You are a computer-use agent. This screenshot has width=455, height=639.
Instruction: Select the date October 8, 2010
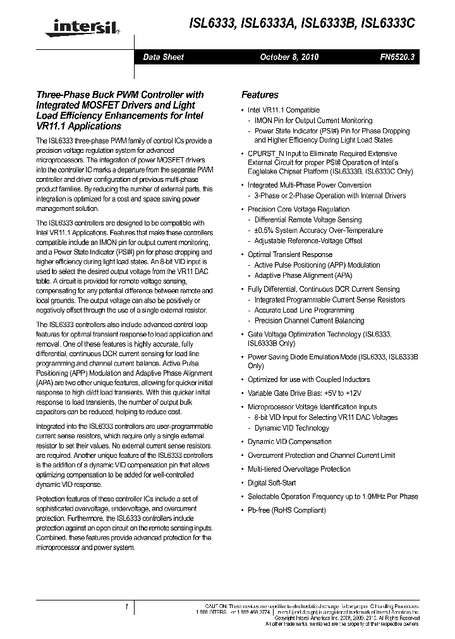(x=289, y=57)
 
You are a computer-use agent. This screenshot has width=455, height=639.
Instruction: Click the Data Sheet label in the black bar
(x=163, y=57)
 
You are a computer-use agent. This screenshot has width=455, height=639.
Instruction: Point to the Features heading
(x=260, y=95)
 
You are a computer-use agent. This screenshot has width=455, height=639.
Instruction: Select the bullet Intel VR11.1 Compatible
(x=283, y=110)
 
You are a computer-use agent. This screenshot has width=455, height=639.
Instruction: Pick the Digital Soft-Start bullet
(x=272, y=482)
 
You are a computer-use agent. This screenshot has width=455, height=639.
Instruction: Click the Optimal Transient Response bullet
(x=289, y=254)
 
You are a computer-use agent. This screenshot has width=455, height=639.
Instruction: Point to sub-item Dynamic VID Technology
(x=291, y=427)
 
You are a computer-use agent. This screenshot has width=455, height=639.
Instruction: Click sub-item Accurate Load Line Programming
(x=304, y=310)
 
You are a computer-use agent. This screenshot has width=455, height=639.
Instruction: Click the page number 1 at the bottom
(x=127, y=606)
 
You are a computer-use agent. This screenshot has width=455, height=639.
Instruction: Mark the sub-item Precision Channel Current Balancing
(x=309, y=321)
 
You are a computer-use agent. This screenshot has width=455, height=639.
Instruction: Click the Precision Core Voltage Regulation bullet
(x=298, y=209)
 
